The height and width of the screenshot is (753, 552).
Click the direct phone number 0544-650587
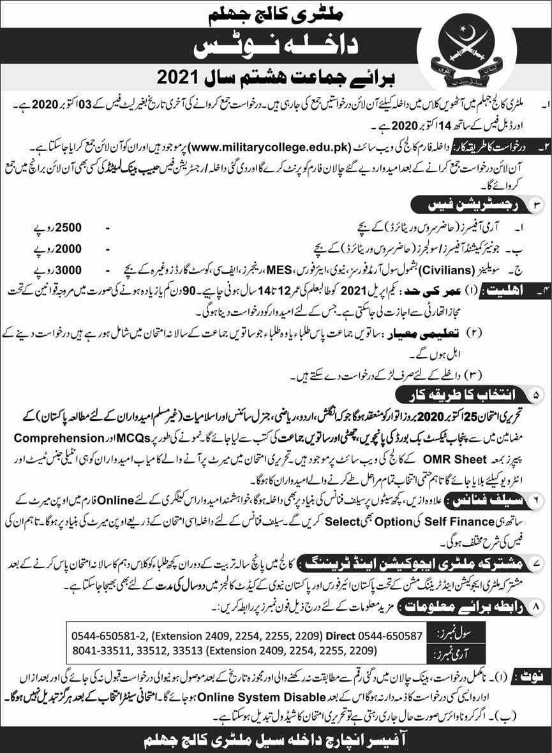coord(390,636)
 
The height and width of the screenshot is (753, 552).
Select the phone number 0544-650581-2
coord(109,636)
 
